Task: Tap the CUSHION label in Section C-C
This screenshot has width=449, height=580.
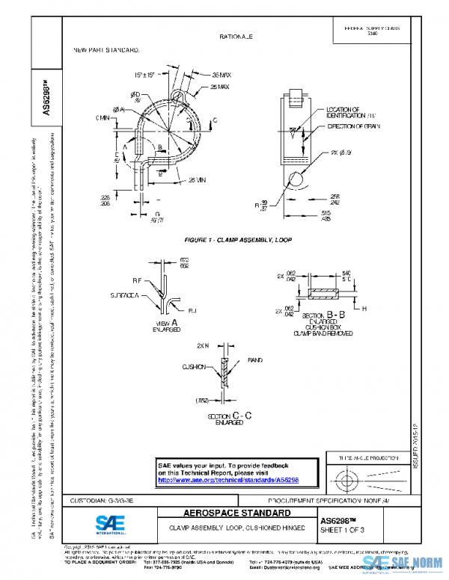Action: click(192, 367)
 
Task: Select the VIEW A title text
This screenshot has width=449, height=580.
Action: click(166, 324)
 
